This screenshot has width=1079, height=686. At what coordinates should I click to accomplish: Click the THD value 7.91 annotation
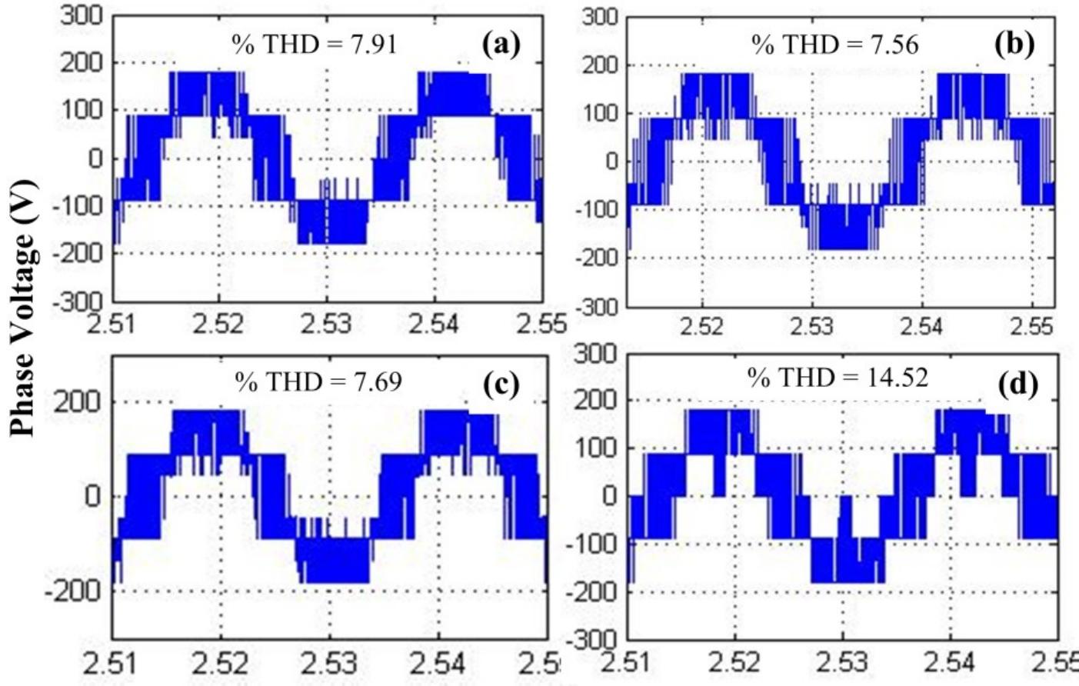tap(315, 45)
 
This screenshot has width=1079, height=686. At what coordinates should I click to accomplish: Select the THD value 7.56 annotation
tap(834, 45)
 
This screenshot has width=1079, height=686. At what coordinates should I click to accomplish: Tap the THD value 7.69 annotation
tap(318, 381)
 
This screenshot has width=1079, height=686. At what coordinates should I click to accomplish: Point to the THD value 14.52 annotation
tap(838, 377)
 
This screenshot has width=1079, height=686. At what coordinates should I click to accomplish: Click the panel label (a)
tap(501, 45)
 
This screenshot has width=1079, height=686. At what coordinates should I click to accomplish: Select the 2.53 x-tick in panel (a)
tap(327, 325)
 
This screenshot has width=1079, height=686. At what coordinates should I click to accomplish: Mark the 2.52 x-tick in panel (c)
tap(221, 662)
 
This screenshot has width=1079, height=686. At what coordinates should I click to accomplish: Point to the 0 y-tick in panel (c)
tap(92, 496)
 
